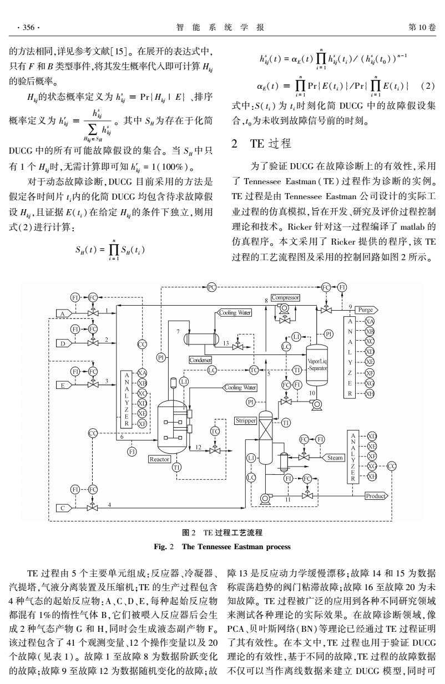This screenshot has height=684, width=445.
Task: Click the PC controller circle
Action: pyautogui.click(x=211, y=287)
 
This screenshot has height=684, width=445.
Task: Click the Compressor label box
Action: pyautogui.click(x=285, y=297)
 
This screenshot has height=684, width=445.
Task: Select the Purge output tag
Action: pyautogui.click(x=366, y=310)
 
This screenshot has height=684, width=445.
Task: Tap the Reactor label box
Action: pyautogui.click(x=159, y=459)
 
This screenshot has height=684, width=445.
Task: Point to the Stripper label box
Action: pyautogui.click(x=246, y=420)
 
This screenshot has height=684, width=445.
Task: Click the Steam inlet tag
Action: pyautogui.click(x=333, y=458)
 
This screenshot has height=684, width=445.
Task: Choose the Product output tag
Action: pyautogui.click(x=377, y=496)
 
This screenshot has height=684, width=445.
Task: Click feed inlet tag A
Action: pyautogui.click(x=64, y=313)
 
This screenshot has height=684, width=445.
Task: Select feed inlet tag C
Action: pyautogui.click(x=64, y=508)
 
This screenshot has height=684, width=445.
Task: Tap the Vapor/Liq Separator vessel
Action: pyautogui.click(x=317, y=365)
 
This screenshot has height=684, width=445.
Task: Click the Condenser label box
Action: pyautogui.click(x=200, y=360)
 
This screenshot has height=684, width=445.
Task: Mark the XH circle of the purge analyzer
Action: pyautogui.click(x=370, y=393)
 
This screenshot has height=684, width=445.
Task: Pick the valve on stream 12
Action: pyautogui.click(x=215, y=450)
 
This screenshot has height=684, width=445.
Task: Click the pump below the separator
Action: pyautogui.click(x=316, y=404)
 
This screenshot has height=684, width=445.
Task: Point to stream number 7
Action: pyautogui.click(x=178, y=332)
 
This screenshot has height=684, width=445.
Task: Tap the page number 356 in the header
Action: pyautogui.click(x=28, y=28)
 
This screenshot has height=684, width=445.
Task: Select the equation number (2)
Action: pyautogui.click(x=428, y=86)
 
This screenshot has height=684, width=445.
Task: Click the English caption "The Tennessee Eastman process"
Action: pyautogui.click(x=236, y=546)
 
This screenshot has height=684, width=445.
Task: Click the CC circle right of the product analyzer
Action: pyautogui.click(x=392, y=467)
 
